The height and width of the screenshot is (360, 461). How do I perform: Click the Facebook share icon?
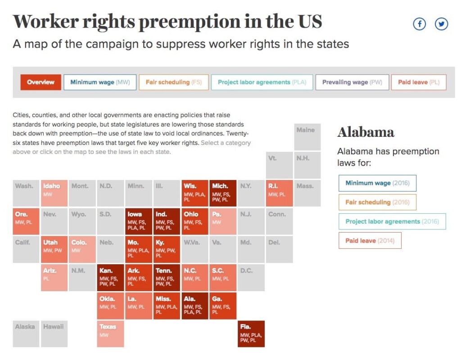[x=419, y=24]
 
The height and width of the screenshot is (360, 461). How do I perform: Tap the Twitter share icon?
[x=441, y=24]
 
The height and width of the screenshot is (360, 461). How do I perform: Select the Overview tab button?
[x=41, y=82]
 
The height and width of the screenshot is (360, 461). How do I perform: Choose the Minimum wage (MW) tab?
[x=100, y=82]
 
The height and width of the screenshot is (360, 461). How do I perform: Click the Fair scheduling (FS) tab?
[x=174, y=82]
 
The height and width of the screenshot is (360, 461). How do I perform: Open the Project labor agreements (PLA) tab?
[x=262, y=82]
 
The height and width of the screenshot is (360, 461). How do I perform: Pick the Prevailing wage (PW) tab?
[x=352, y=82]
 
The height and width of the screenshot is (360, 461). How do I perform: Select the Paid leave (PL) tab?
[x=419, y=82]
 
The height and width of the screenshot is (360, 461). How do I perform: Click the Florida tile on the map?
[x=251, y=334]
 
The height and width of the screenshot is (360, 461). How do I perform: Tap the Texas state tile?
[x=111, y=334]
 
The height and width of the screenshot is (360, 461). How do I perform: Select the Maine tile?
[x=307, y=137]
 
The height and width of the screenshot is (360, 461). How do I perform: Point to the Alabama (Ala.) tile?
[x=195, y=306]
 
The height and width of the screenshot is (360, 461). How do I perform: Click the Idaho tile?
[x=54, y=193]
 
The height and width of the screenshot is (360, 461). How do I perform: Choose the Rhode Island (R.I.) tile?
[x=279, y=193]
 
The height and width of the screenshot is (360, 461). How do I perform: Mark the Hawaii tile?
[x=54, y=334]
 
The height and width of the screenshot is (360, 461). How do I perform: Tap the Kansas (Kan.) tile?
[x=111, y=278]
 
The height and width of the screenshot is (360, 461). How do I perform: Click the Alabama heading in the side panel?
[x=366, y=132]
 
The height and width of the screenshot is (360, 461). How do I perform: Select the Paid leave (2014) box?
[x=370, y=241]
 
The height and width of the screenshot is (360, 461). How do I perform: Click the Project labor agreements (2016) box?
[x=392, y=221]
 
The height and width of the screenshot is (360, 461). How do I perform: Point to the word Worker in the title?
[x=45, y=22]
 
